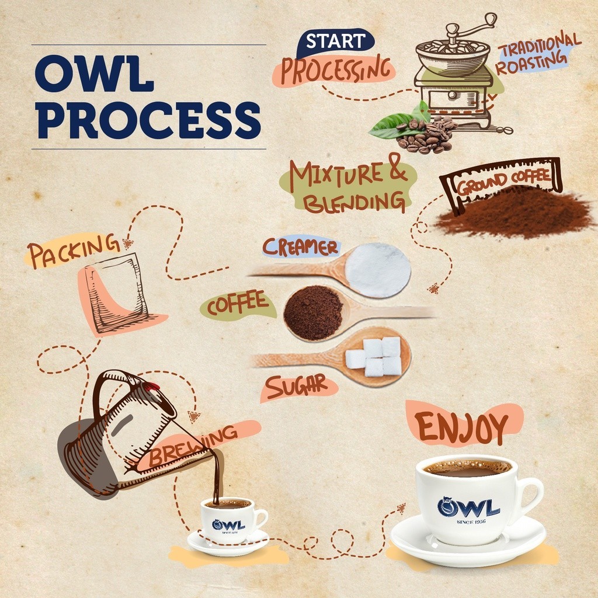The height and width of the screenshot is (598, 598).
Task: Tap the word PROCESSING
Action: click(x=336, y=70)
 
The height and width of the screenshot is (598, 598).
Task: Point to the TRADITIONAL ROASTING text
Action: click(x=538, y=53)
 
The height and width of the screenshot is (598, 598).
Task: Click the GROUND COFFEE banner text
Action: click(x=503, y=182)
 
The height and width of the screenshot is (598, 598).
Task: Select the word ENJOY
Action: click(x=462, y=427)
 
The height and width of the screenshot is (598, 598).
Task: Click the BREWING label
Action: click(x=193, y=447)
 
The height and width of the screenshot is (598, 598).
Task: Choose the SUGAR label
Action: click(x=297, y=387)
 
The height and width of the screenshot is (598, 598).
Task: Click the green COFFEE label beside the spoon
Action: click(x=237, y=304)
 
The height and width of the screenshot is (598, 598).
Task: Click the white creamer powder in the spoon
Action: click(x=378, y=270)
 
